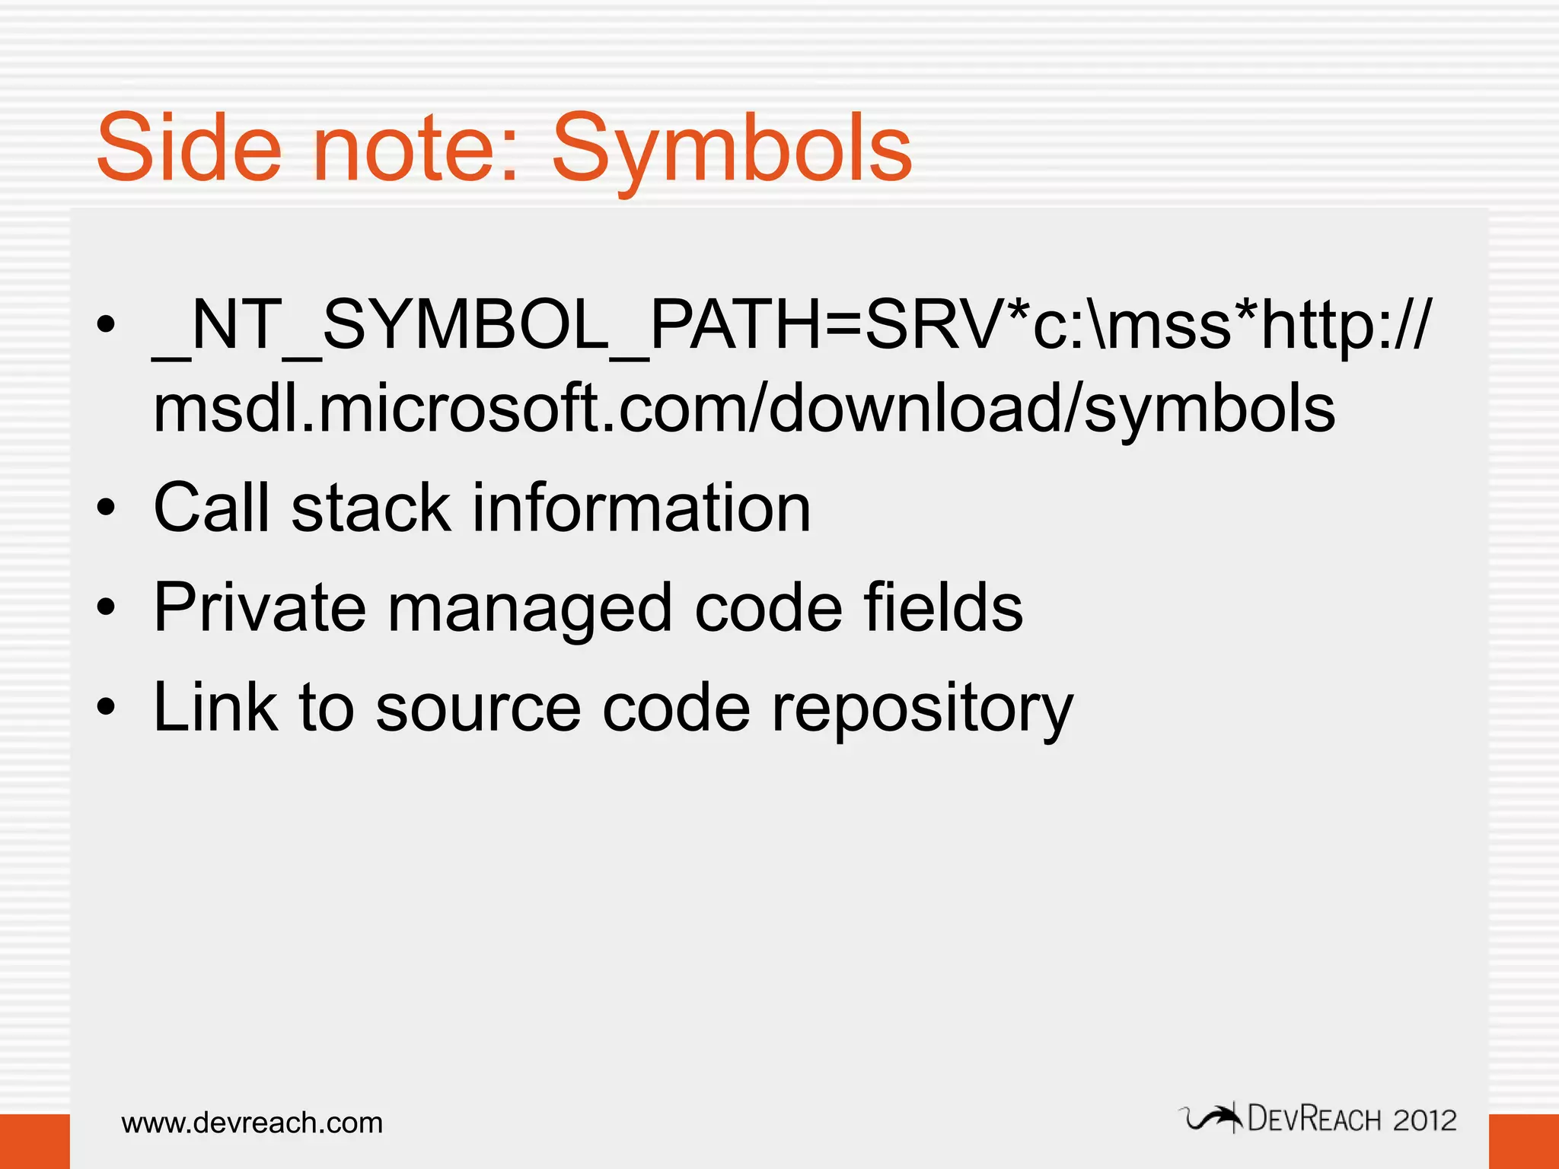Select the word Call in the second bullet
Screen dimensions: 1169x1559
210,508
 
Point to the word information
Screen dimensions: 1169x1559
641,508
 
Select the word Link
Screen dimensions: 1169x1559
215,707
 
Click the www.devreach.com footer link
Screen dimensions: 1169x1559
252,1123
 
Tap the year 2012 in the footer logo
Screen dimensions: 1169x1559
1424,1120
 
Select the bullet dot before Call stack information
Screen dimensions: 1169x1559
107,508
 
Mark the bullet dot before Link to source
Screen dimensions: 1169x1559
107,708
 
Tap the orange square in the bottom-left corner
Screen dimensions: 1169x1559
34,1141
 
